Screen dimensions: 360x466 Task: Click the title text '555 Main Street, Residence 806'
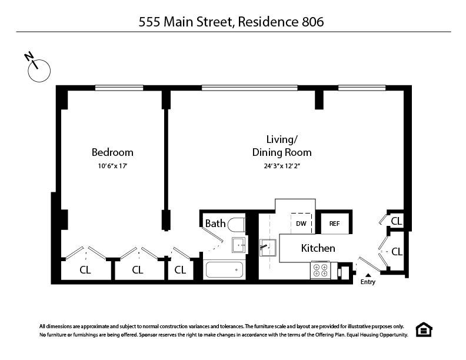(232, 22)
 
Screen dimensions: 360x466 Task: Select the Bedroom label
(112, 152)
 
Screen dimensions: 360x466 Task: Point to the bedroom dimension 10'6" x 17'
(112, 166)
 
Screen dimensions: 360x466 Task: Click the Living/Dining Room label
(282, 146)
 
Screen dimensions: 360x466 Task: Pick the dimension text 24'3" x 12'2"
(287, 166)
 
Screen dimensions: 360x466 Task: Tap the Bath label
(215, 224)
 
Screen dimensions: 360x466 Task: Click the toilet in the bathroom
(237, 225)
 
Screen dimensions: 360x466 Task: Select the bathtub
(224, 270)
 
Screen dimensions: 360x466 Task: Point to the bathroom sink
(238, 245)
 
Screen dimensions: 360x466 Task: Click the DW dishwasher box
(301, 224)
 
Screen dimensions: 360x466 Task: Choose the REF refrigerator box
(334, 224)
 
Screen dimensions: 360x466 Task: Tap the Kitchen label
(318, 248)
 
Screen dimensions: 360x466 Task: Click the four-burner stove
(321, 270)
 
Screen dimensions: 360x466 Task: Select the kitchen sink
(268, 247)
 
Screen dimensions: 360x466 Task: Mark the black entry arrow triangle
(368, 274)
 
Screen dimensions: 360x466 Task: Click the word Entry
(368, 282)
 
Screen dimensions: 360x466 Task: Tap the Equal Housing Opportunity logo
(423, 330)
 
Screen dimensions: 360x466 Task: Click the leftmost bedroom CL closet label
(86, 270)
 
